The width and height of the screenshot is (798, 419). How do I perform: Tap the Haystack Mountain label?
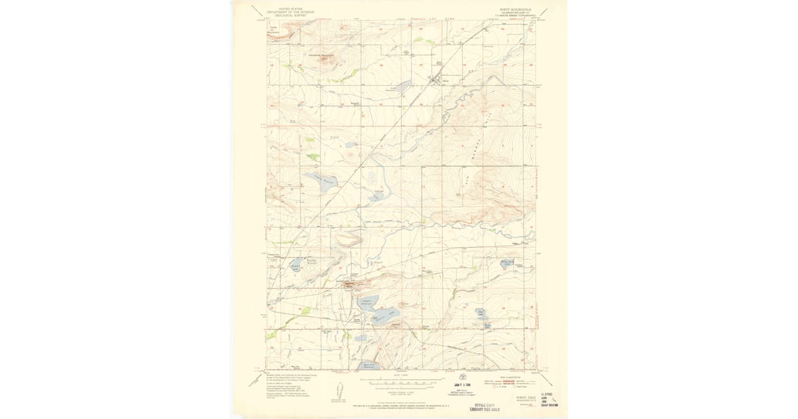point(323,55)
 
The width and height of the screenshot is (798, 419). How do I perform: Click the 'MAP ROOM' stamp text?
point(549,404)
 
